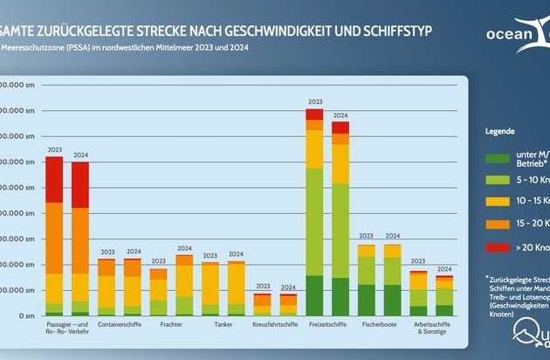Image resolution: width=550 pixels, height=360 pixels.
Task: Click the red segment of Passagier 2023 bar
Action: tap(54, 179)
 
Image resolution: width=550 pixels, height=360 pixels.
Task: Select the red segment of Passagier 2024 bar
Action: tap(80, 184)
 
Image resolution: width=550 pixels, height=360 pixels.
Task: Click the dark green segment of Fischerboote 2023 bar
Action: tap(366, 299)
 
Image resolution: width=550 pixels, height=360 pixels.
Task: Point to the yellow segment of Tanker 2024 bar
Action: tap(236, 283)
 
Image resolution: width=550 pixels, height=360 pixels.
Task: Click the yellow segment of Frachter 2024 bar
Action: tap(184, 280)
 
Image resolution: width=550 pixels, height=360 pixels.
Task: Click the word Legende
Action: tap(500, 130)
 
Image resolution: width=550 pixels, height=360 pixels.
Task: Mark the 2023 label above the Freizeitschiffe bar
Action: tap(314, 102)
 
